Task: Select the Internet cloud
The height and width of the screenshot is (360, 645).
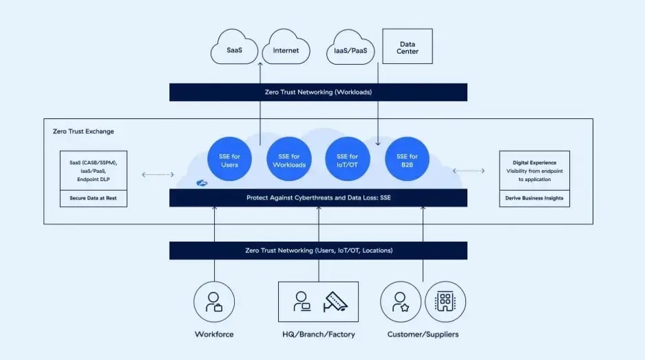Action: point(286,49)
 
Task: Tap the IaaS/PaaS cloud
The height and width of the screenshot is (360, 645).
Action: point(350,49)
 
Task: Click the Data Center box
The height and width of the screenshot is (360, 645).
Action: point(408,47)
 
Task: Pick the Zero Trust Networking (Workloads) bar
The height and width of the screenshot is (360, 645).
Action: point(318,92)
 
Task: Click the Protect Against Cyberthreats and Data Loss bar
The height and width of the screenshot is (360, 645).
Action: point(318,198)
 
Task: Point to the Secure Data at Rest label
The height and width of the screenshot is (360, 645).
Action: point(92,198)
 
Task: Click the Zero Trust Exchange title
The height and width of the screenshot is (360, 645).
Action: point(83,131)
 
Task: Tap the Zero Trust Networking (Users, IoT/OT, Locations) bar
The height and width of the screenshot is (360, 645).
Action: point(318,251)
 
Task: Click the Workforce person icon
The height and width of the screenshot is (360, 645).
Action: point(214,301)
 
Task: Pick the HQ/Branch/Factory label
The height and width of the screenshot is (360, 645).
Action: point(318,335)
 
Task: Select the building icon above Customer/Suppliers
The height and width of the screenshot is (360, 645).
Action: point(445,301)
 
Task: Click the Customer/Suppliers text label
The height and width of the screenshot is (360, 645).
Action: point(423,335)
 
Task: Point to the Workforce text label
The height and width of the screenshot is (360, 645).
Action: point(214,335)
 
